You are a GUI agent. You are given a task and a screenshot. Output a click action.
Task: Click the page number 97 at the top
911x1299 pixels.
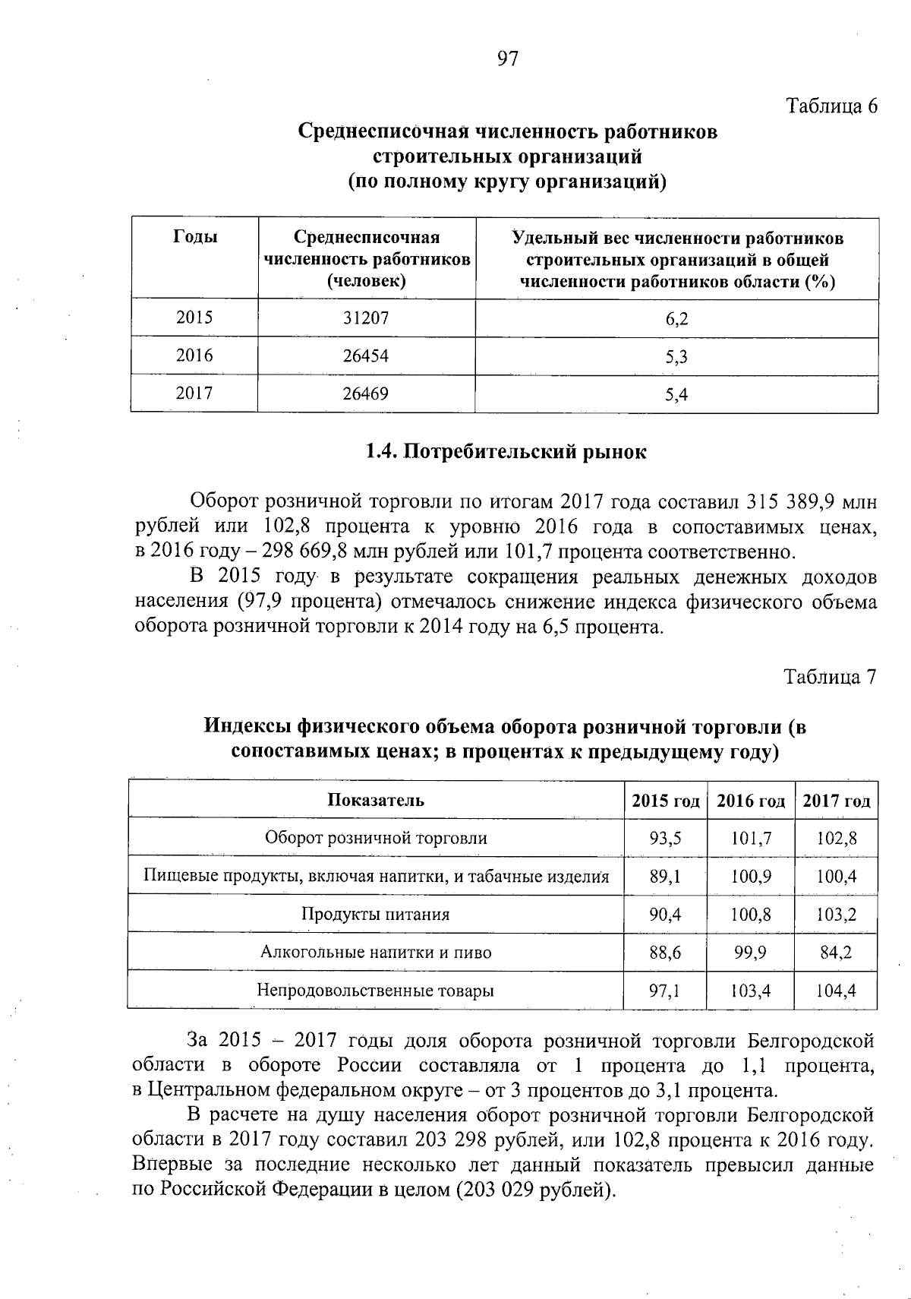click(507, 59)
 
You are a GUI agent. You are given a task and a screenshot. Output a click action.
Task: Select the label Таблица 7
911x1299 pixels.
click(831, 677)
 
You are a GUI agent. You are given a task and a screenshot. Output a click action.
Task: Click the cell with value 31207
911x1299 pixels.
click(366, 318)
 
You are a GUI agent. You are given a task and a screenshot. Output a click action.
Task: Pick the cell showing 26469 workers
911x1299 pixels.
click(366, 393)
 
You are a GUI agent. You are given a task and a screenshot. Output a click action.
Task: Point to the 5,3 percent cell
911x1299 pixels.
click(676, 356)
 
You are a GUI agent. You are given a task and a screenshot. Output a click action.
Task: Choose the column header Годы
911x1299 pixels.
click(195, 238)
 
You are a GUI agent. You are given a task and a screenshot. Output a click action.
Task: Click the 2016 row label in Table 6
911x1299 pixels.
click(194, 356)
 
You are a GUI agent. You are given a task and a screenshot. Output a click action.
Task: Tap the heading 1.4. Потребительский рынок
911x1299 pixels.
click(506, 452)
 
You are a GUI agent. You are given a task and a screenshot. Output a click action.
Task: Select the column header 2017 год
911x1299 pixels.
click(836, 801)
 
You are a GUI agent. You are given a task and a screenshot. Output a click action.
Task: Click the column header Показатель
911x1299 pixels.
click(376, 801)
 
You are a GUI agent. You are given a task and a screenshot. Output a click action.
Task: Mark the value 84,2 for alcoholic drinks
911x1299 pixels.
click(836, 952)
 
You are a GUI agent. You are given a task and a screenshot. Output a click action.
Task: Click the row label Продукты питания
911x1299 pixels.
click(376, 914)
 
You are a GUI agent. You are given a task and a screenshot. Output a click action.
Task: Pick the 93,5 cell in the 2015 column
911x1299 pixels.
click(665, 839)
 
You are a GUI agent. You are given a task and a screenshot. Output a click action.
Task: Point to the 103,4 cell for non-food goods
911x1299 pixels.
click(751, 991)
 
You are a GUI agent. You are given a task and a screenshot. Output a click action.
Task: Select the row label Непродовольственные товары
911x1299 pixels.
click(376, 991)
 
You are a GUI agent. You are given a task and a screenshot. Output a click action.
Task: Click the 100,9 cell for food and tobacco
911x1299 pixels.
click(751, 877)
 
